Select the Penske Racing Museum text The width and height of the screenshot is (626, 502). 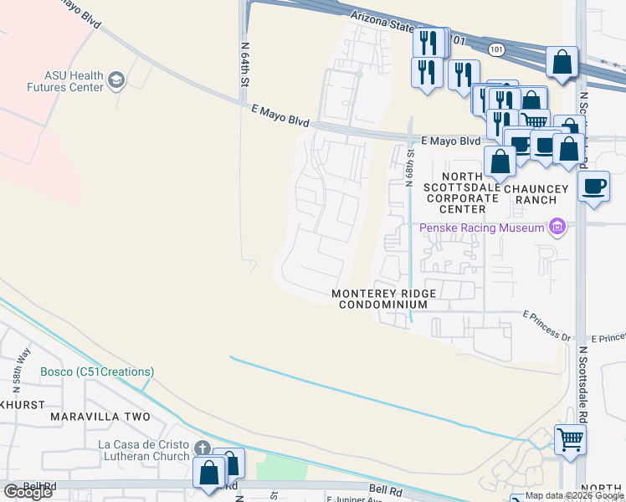pyautogui.click(x=481, y=228)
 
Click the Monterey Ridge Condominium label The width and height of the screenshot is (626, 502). pyautogui.click(x=383, y=300)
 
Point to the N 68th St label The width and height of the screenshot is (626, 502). pyautogui.click(x=410, y=167)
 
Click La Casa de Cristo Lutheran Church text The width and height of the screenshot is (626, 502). pyautogui.click(x=145, y=451)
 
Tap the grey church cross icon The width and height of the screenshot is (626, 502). pyautogui.click(x=202, y=448)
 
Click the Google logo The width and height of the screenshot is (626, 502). pyautogui.click(x=28, y=491)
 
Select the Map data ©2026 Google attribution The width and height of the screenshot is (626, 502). pyautogui.click(x=573, y=496)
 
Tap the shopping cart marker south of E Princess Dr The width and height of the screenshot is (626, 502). pyautogui.click(x=570, y=438)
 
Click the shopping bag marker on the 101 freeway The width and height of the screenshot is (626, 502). pyautogui.click(x=562, y=62)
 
